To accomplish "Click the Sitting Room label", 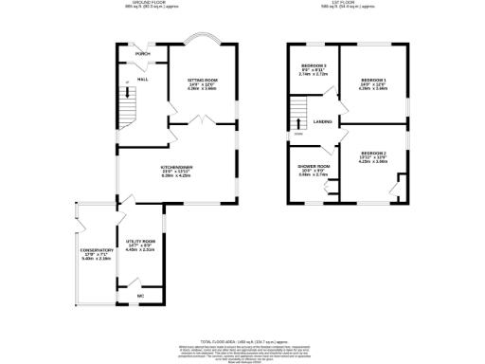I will (x=202, y=81).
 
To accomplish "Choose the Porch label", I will (x=142, y=54).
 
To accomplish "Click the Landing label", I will (x=322, y=121).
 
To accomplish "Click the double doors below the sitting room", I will (x=202, y=121).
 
